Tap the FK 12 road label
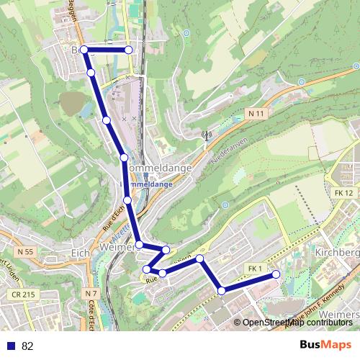pyautogui.click(x=344, y=193)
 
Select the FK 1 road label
pyautogui.click(x=254, y=269)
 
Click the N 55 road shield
pyautogui.click(x=25, y=251)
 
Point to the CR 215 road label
pyautogui.click(x=23, y=294)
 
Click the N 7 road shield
pyautogui.click(x=90, y=294)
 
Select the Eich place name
pyautogui.click(x=80, y=253)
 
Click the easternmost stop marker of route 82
pyautogui.click(x=276, y=274)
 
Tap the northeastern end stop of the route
pyautogui.click(x=129, y=50)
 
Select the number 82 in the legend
pyautogui.click(x=28, y=346)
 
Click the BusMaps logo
pyautogui.click(x=325, y=346)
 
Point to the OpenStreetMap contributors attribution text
pyautogui.click(x=297, y=323)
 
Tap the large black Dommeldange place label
pyautogui.click(x=159, y=168)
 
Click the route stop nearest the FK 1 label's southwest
pyautogui.click(x=222, y=290)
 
